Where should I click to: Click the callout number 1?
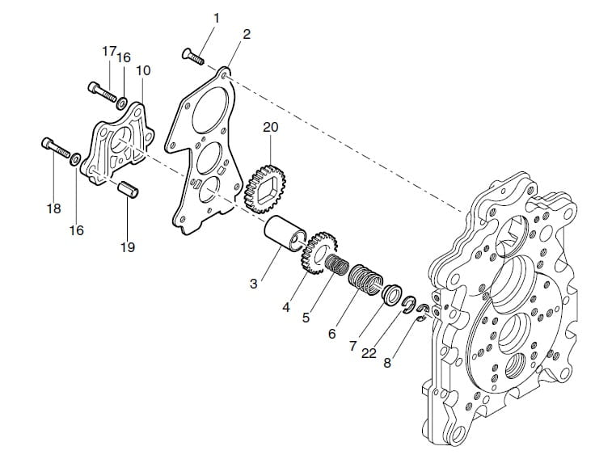217,19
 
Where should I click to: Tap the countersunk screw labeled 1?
193,57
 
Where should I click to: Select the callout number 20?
271,127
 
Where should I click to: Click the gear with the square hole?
265,188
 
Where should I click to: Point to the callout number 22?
369,353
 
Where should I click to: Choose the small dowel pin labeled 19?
129,189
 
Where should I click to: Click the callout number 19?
128,247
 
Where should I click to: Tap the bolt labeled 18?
56,148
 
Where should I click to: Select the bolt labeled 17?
103,91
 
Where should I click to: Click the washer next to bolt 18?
74,159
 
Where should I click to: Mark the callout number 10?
143,70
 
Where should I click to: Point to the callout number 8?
387,363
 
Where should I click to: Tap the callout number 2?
247,35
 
